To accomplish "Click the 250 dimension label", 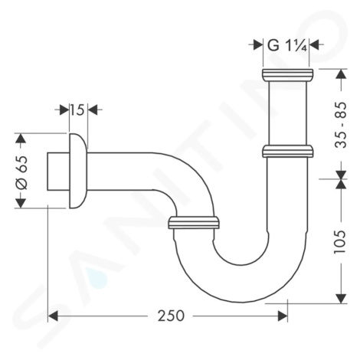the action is (171, 316).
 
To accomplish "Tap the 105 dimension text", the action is (340, 242).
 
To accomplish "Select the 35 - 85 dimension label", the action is (341, 125).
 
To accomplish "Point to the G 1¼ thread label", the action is (287, 46).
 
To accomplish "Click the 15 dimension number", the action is (77, 110).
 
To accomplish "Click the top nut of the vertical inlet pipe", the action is (288, 74).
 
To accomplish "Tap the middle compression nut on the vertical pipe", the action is (288, 151).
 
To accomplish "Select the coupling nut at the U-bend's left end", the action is (193, 223).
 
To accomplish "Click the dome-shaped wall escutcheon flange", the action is (78, 171).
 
